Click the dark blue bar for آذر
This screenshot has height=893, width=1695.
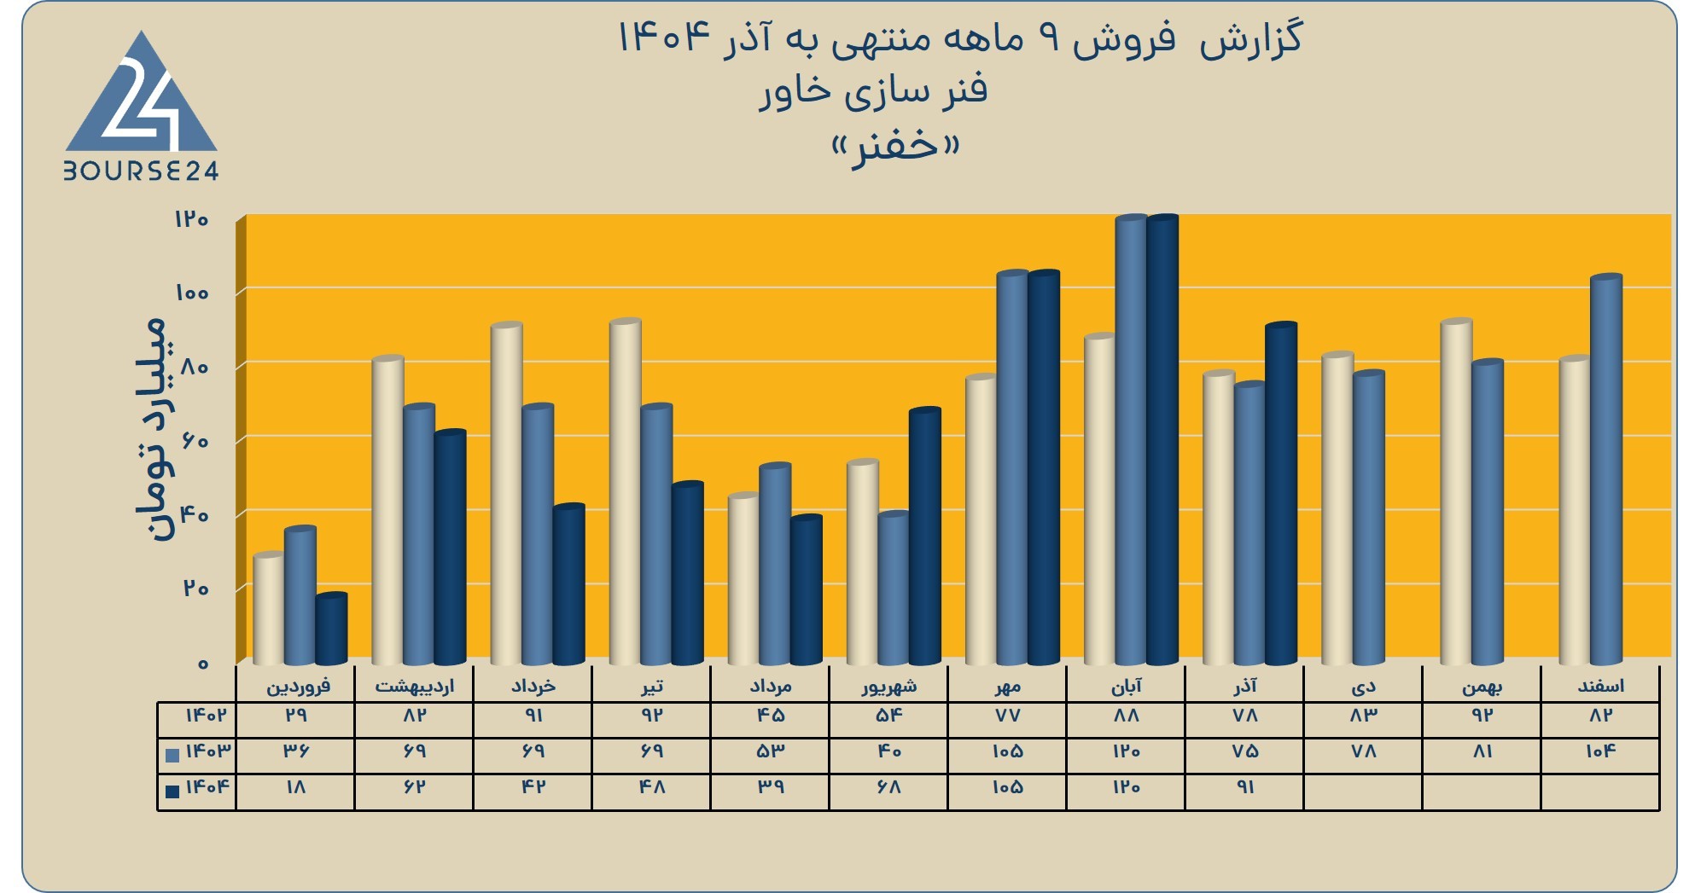click(1281, 494)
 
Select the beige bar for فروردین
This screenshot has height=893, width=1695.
click(268, 609)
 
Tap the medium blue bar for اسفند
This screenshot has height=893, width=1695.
click(1606, 470)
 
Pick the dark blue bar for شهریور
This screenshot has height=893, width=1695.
click(925, 536)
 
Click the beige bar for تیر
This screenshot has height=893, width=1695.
click(626, 492)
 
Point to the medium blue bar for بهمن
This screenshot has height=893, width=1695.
click(1488, 513)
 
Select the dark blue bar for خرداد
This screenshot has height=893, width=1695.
click(569, 585)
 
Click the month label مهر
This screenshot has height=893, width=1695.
click(1007, 686)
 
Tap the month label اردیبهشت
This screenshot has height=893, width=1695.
click(414, 686)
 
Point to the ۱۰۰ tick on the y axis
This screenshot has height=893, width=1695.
click(192, 293)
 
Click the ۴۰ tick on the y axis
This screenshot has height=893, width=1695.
click(195, 515)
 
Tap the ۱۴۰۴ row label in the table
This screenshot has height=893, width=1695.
click(207, 786)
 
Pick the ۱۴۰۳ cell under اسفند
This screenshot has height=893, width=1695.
click(1600, 751)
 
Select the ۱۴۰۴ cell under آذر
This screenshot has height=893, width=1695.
click(1245, 786)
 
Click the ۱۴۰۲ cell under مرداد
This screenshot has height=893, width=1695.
click(770, 715)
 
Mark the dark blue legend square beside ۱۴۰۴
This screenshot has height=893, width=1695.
click(172, 791)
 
